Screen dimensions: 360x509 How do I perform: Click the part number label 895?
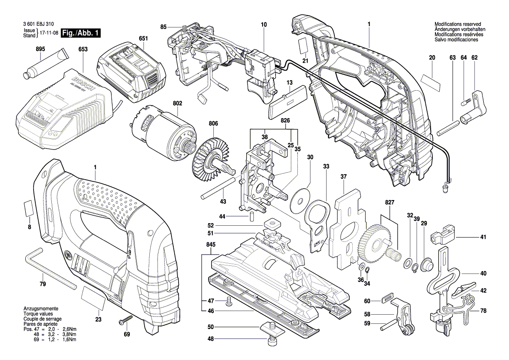click(40, 50)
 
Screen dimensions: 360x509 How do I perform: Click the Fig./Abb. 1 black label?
click(81, 33)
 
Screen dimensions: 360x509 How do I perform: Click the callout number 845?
click(210, 245)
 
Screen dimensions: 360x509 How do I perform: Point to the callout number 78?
click(483, 311)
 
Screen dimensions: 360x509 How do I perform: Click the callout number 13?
click(289, 82)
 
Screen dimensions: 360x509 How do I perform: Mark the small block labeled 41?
click(442, 235)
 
